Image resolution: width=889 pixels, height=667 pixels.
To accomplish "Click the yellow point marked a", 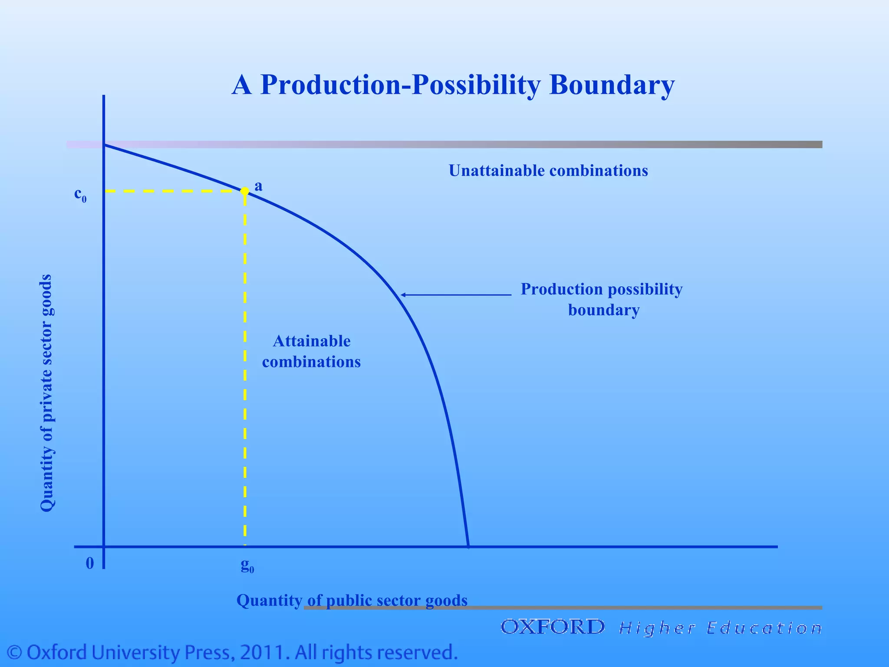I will pos(245,191).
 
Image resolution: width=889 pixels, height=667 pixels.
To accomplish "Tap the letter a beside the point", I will pos(258,186).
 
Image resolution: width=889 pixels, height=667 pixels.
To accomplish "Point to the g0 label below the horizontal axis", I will pos(247,565).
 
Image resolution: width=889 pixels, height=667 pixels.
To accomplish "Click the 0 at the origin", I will pos(90,563).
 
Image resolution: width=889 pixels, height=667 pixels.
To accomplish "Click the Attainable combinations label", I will pos(311,351).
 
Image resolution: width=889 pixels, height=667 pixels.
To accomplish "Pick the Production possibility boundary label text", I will pos(602,299).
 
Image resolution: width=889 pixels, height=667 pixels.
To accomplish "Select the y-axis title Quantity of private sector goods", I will pos(46,393).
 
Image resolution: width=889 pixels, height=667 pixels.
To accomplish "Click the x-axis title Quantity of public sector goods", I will pos(352,600).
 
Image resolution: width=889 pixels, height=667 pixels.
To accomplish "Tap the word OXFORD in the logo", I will pos(552,627).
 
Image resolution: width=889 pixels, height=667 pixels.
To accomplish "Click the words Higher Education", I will pos(720,628).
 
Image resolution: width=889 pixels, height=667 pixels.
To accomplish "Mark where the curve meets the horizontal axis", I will pos(468,546).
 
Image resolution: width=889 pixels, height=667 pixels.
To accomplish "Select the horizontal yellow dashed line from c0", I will pos(174,191).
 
